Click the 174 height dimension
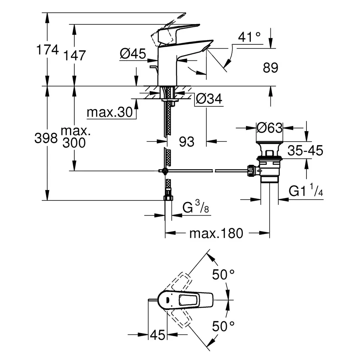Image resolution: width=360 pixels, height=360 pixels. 48,50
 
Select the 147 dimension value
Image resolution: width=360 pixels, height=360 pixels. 75,56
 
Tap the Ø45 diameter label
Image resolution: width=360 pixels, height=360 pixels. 132,53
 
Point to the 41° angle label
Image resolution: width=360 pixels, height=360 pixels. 249,37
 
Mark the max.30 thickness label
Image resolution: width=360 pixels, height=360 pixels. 110,113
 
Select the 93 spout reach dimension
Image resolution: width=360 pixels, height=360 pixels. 186,141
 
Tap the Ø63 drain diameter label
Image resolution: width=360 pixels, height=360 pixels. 270,128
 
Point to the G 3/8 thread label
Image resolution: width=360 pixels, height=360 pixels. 195,208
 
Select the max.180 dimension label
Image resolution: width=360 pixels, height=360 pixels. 216,233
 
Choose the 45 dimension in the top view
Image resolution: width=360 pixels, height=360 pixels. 157,335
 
